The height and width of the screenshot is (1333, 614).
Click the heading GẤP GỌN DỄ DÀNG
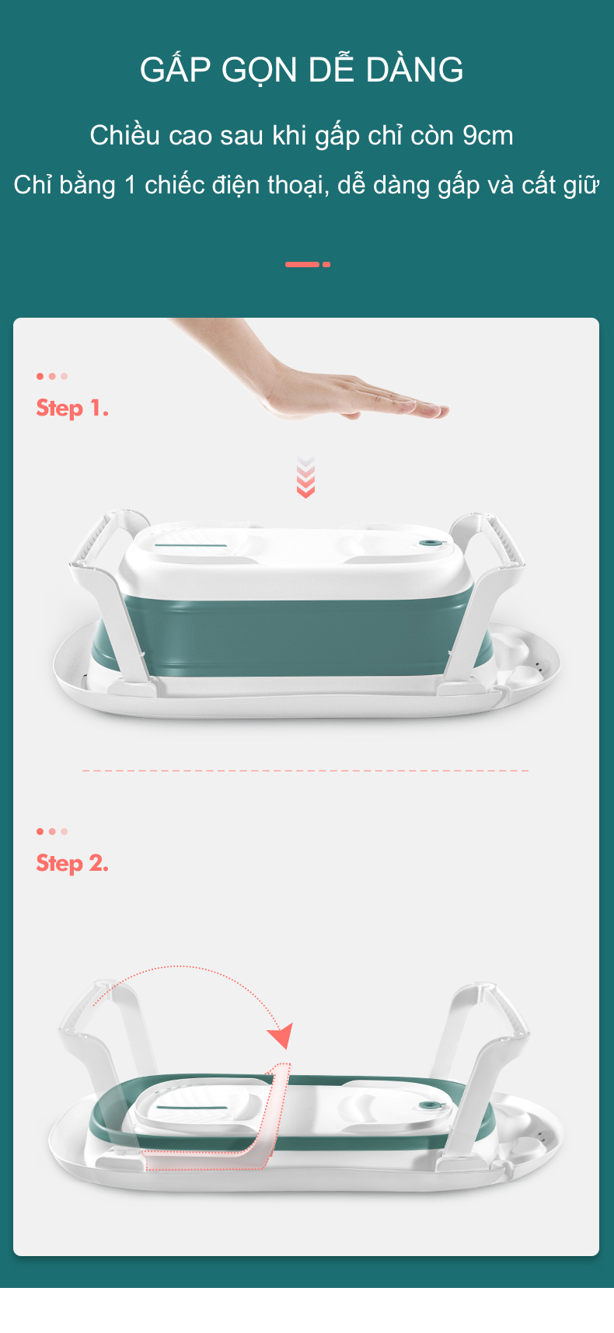302,69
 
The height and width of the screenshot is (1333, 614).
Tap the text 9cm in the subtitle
487,135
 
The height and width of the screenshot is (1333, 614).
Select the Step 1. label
72,409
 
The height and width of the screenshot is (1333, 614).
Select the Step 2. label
72,864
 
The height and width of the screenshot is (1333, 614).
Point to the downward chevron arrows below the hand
305,477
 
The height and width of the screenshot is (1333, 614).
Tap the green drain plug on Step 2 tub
427,1106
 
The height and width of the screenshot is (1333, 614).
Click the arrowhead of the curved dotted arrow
281,1036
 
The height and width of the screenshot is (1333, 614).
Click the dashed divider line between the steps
305,771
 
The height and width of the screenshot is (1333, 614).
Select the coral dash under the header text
308,264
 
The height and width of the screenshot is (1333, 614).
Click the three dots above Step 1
52,377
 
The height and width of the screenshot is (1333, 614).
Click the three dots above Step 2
52,831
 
